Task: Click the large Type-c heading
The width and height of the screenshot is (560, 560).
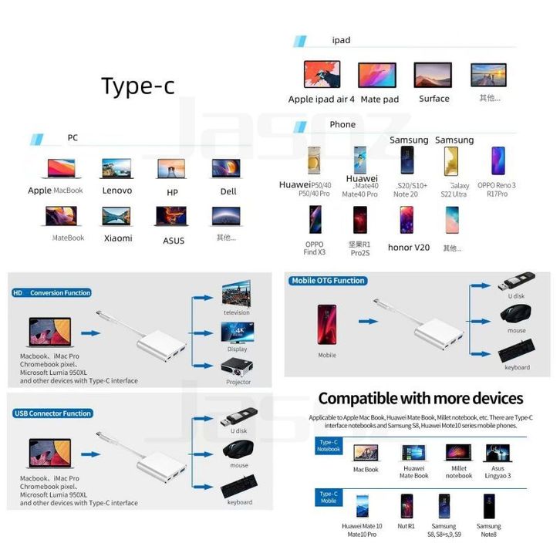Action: coord(138,86)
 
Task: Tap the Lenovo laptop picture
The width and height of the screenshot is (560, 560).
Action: coord(116,169)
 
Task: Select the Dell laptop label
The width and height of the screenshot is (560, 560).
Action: coord(228,191)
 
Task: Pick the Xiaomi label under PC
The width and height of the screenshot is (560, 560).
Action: coord(118,238)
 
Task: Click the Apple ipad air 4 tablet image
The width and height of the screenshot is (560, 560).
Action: coord(322,75)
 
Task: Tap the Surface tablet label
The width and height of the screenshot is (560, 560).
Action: coord(434,99)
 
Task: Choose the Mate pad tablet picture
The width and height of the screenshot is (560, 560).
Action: coord(377,75)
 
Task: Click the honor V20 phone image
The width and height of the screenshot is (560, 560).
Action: coord(407,221)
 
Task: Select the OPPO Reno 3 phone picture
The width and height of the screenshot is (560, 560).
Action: coord(497,161)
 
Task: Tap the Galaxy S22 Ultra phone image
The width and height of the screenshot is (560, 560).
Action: coord(451,161)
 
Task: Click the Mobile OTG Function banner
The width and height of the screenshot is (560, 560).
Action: coord(328,281)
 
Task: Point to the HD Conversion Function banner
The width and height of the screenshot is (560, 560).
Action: coord(52,293)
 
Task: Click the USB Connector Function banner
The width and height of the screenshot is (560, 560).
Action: coord(52,413)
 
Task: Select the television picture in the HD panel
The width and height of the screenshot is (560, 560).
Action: coord(237,295)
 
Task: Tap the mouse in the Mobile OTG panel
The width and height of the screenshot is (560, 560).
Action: coord(516,315)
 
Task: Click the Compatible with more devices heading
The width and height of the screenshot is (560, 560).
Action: coord(420,399)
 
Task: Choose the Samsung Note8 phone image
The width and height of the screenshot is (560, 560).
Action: coord(487,506)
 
